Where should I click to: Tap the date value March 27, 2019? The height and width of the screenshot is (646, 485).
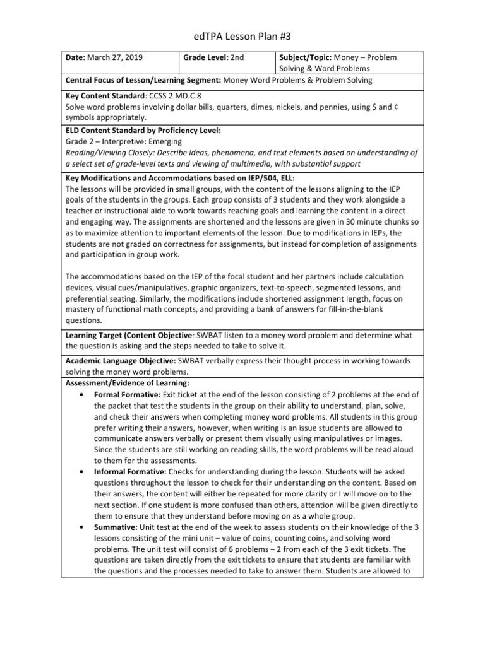click(x=114, y=57)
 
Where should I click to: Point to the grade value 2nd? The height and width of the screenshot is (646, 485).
click(x=237, y=57)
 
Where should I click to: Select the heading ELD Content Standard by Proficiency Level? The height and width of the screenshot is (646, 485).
click(x=143, y=130)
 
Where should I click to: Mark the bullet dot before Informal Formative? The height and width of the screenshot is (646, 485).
click(x=82, y=472)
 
